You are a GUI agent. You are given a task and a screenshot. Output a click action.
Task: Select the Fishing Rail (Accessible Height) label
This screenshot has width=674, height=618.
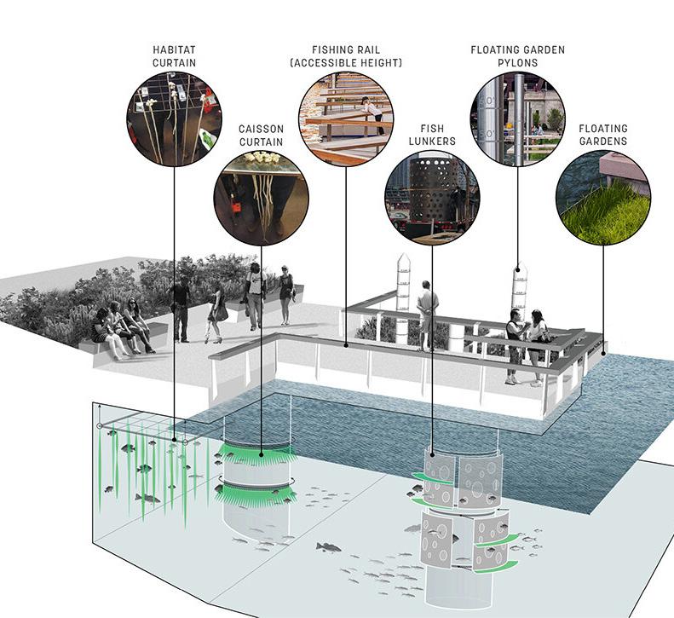coord(345,55)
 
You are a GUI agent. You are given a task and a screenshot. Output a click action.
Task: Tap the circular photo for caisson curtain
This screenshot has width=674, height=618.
coord(261,197)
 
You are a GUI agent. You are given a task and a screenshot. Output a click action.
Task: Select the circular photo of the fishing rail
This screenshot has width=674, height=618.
coord(345,118)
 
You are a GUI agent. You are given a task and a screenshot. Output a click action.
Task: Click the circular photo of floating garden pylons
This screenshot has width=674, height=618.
coord(518,118)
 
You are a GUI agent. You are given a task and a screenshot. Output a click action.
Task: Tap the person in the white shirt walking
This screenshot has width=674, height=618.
coord(254,295)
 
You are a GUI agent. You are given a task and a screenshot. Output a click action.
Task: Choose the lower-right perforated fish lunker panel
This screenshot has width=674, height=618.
coord(492,541)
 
